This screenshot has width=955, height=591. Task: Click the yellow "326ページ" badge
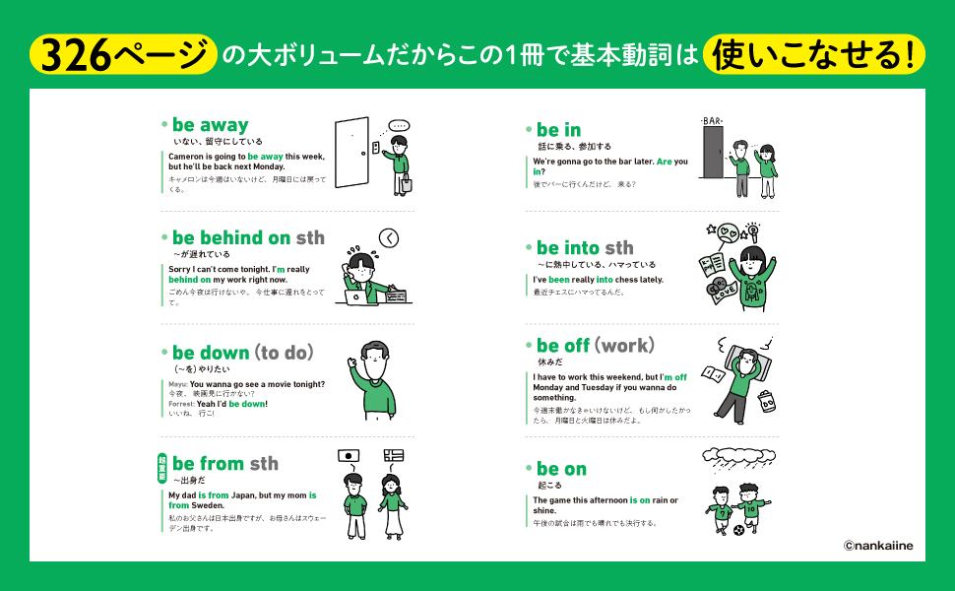tap(123, 54)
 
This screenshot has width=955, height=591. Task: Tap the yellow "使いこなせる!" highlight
tap(813, 54)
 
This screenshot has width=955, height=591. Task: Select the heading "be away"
tap(210, 125)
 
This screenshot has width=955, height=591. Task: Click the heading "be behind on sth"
tap(248, 237)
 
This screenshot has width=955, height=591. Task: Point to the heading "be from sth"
tap(224, 464)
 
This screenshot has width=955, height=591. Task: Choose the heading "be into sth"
tap(585, 248)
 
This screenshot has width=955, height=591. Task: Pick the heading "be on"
tap(561, 469)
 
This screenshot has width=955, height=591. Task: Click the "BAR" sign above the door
tap(712, 120)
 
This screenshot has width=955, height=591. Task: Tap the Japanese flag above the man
tap(349, 456)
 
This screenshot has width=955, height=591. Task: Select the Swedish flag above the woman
tap(394, 455)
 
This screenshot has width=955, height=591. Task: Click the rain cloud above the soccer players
tap(738, 456)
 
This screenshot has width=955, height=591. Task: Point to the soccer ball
tap(738, 531)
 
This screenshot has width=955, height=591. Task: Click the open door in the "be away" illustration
tap(352, 153)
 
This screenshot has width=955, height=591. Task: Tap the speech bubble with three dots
tap(399, 126)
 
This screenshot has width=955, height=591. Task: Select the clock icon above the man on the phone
tap(389, 238)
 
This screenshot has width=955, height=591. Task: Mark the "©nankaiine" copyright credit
tap(878, 546)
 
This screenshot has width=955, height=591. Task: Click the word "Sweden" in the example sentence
tap(208, 505)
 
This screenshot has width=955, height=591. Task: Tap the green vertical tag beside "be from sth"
tap(162, 469)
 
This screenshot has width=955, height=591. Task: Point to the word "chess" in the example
tap(627, 280)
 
